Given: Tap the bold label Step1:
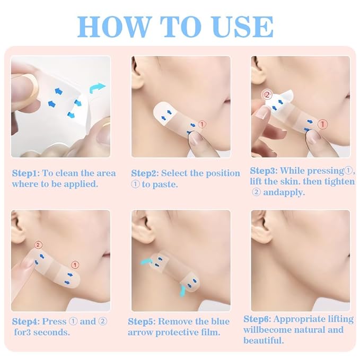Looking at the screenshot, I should point(25,173).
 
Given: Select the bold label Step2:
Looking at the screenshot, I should point(145,173).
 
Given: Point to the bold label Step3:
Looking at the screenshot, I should point(264,171).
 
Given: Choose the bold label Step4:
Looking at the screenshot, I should point(25,321).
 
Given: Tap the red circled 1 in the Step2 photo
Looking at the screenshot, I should point(202,124).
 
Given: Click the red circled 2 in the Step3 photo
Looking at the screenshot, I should point(267,95).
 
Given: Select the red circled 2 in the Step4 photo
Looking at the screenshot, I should point(38,245).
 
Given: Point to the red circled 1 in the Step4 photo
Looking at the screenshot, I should point(75,264).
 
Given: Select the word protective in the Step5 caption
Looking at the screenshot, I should point(177,332).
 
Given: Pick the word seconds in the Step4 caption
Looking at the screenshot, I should point(57,332).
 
